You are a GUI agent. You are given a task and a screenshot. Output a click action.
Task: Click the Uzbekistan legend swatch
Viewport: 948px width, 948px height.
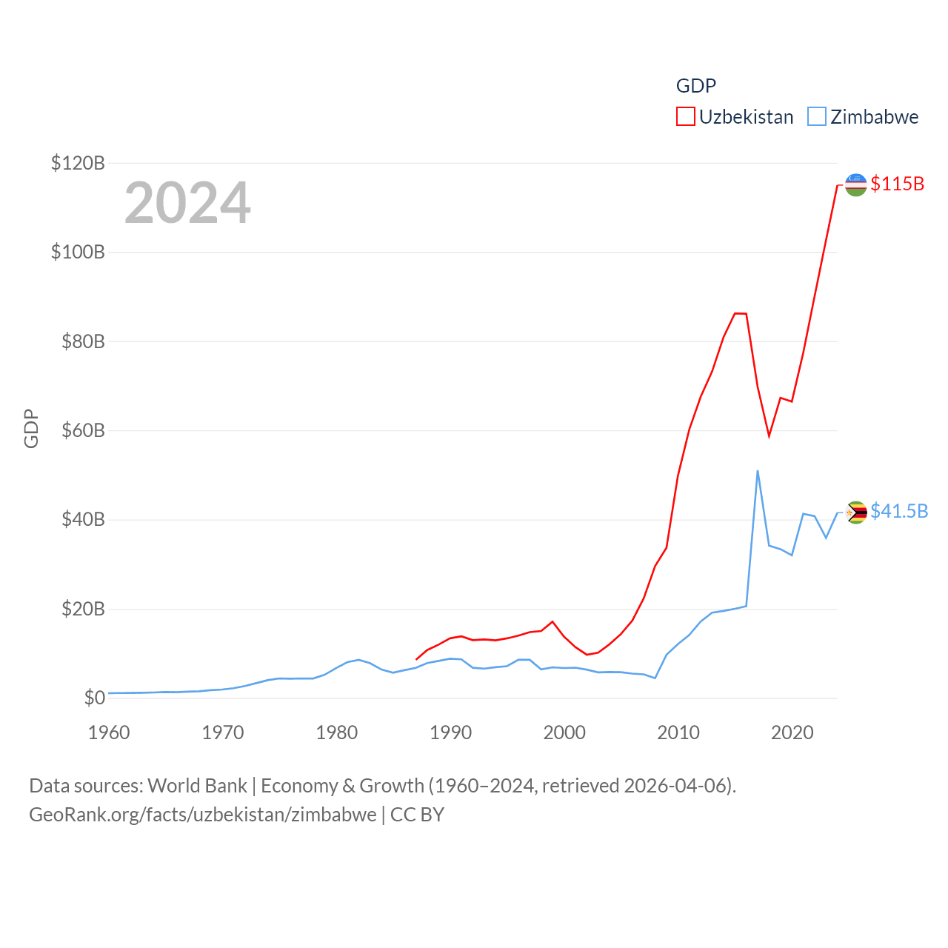685,117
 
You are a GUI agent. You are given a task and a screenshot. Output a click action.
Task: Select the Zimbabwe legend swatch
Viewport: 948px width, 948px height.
816,117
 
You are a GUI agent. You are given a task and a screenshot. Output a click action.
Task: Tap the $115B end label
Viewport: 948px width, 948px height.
897,184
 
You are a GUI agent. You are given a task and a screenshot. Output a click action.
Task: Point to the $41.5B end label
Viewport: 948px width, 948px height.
898,511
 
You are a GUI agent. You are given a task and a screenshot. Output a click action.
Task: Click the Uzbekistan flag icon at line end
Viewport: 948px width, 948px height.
855,184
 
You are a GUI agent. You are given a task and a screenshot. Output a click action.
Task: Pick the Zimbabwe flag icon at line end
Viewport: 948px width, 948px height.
856,512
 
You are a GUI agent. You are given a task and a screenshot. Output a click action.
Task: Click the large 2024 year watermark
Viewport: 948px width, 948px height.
187,203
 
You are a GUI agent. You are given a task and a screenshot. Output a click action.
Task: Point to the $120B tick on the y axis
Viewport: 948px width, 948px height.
78,163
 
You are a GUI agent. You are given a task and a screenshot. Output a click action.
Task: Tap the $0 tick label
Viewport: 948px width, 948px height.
94,698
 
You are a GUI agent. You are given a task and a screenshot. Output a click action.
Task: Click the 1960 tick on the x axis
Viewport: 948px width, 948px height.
109,732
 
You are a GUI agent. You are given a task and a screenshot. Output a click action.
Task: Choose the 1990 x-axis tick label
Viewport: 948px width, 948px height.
450,732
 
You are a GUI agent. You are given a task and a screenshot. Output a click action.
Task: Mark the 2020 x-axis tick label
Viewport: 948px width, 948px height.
792,732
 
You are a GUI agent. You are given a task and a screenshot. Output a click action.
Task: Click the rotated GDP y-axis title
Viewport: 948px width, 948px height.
31,428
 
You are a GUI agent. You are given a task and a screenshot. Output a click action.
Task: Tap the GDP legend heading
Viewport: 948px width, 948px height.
695,86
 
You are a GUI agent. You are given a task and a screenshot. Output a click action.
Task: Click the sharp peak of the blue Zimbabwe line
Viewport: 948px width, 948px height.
757,471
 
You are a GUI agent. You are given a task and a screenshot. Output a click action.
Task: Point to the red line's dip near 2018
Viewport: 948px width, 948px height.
769,436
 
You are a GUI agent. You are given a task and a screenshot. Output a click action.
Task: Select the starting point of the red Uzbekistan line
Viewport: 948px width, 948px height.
416,659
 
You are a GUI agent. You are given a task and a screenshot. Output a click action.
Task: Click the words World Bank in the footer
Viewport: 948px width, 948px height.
197,785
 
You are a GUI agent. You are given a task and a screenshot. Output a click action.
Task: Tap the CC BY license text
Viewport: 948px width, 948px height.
417,815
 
